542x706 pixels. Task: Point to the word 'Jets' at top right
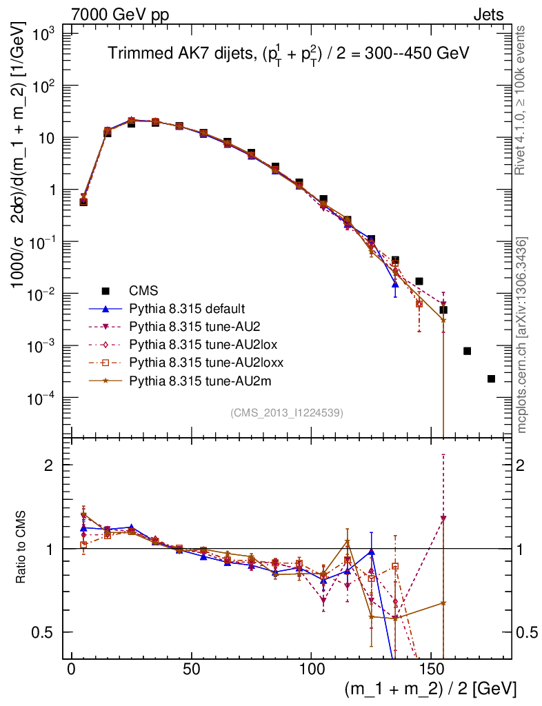(x=488, y=14)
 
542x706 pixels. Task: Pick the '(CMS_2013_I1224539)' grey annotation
(x=287, y=412)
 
